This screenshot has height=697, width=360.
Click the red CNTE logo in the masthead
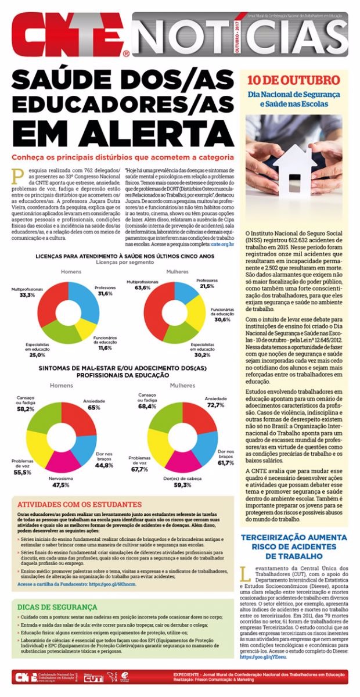[x=67, y=36]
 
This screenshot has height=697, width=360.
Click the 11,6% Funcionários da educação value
[x=105, y=348]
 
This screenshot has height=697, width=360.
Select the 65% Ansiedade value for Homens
[x=94, y=408]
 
